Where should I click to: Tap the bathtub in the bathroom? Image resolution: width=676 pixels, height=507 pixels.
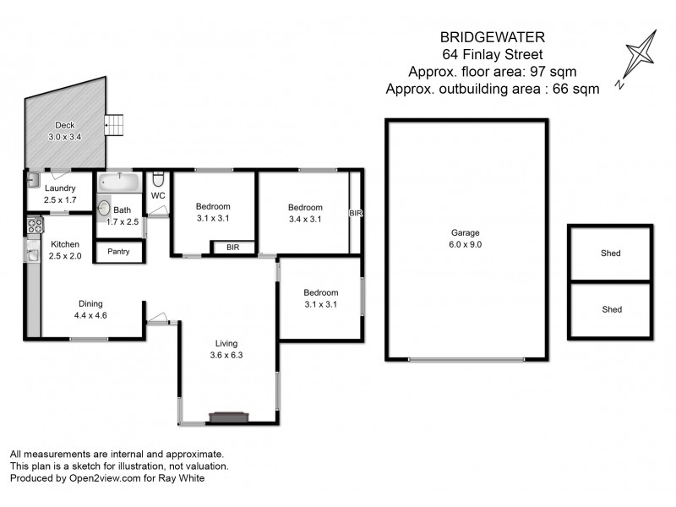coord(119,183)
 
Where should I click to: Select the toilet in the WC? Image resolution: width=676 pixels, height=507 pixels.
coord(158,179)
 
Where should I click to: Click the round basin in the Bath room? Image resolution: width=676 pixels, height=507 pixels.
coord(104,208)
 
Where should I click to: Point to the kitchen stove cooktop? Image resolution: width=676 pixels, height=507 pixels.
coord(35,226)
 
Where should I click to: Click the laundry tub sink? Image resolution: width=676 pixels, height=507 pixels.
coord(33,180)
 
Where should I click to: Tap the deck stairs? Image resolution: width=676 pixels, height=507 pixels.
coord(114,125)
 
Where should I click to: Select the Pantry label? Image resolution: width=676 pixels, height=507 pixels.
coord(118,251)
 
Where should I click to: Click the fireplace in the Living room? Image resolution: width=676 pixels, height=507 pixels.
coord(229,417)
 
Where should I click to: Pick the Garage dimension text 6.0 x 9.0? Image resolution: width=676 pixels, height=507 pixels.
coord(466,244)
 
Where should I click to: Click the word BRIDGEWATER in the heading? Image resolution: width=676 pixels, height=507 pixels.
coord(493,37)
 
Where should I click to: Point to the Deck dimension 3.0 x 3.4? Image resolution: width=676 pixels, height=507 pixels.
coord(65,137)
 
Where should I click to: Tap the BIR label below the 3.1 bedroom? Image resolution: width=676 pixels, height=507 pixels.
coord(233,248)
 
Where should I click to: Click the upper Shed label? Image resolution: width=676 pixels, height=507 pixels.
coord(611,253)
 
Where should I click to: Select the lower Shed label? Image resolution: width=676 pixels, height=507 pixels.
coord(612,309)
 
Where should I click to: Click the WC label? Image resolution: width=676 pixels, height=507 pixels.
coord(158,196)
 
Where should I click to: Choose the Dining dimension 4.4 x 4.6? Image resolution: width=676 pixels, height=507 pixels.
coord(90,315)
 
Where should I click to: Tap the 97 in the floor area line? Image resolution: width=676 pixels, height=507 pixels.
coord(538,72)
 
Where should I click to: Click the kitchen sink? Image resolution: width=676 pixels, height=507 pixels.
coord(32,251)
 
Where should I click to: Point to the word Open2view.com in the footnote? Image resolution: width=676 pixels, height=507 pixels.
coord(105,478)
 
